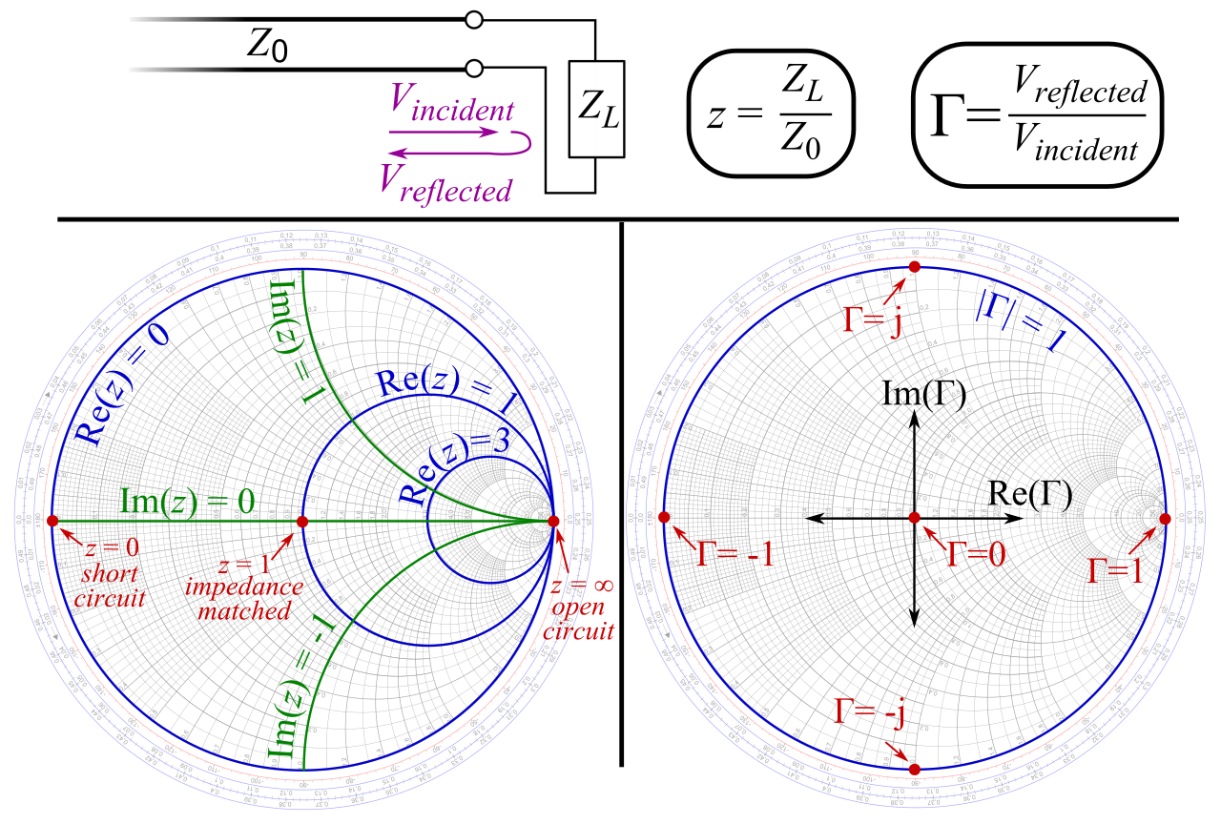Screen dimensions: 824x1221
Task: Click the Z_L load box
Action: click(x=596, y=108)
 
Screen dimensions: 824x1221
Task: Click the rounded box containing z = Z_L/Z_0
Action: click(x=771, y=113)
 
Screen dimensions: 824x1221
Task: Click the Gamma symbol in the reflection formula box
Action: click(x=950, y=115)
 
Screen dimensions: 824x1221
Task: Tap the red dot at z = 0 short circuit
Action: click(x=52, y=521)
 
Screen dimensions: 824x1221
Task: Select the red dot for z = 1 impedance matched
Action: click(x=302, y=522)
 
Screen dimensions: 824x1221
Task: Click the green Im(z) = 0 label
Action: click(x=186, y=502)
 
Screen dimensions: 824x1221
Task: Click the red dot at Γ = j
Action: click(x=914, y=268)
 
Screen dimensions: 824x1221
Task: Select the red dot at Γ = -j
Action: click(x=914, y=769)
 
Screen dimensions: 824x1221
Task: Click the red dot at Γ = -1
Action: click(x=665, y=518)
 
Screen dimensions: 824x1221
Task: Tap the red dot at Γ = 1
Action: click(x=1164, y=518)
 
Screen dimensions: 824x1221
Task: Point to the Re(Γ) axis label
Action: click(x=1030, y=494)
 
